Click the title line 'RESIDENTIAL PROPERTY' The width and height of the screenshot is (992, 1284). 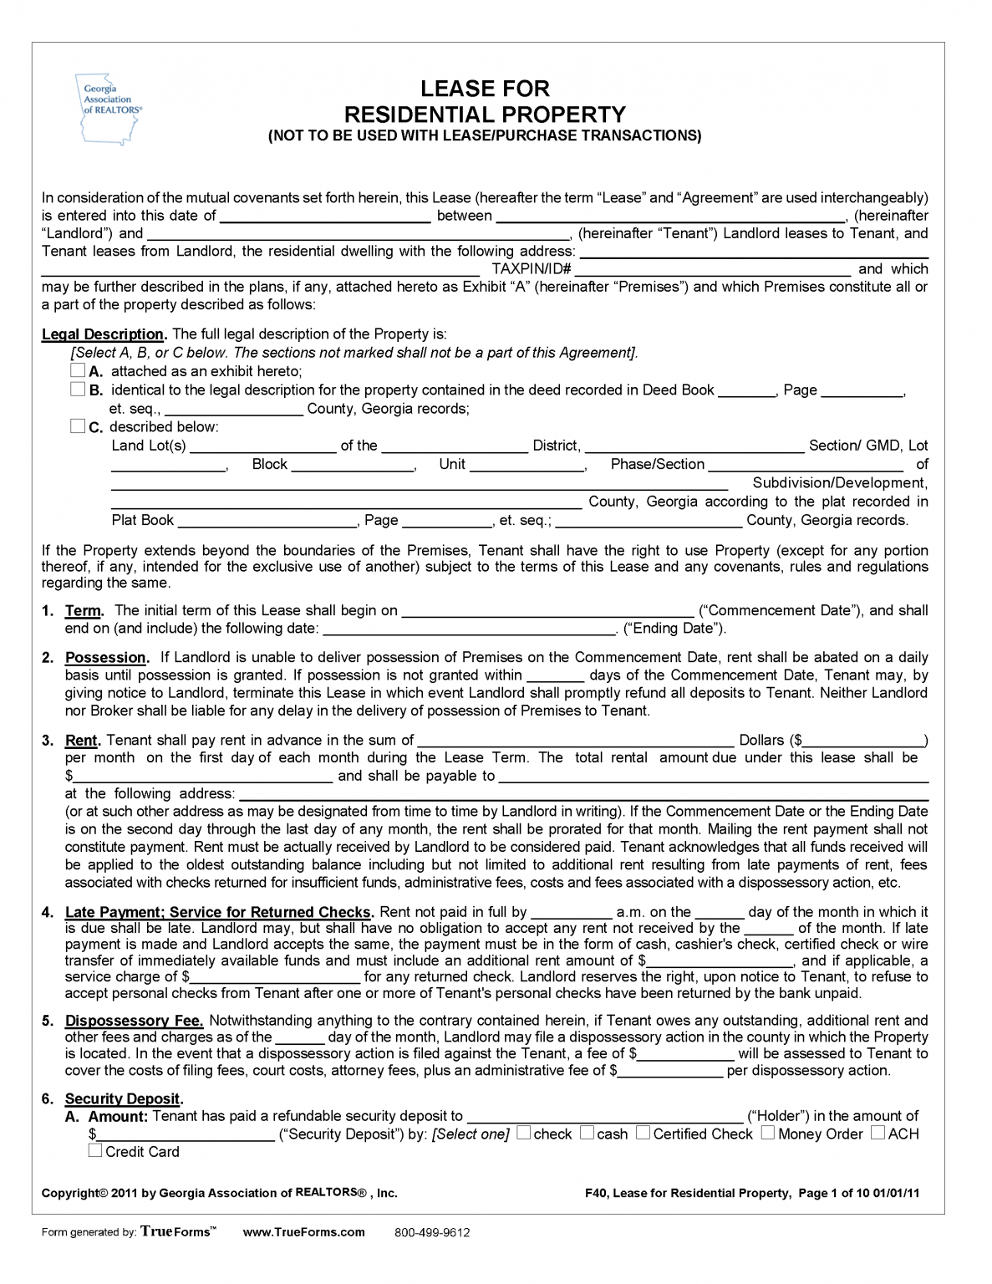[485, 114]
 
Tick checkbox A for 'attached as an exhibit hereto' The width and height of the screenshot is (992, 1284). [78, 370]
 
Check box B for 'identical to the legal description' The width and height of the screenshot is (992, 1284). [78, 389]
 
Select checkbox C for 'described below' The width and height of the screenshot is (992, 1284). [78, 426]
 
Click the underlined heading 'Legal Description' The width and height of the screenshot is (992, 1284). [103, 334]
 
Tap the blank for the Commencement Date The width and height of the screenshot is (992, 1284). [547, 610]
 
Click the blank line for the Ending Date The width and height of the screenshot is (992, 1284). [468, 629]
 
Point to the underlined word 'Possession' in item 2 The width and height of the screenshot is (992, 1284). [105, 658]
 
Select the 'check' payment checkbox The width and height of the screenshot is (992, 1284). [523, 1134]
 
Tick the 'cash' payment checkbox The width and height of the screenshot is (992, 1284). [587, 1134]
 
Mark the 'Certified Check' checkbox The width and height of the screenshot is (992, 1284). [643, 1134]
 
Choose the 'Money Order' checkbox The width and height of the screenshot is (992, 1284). [767, 1134]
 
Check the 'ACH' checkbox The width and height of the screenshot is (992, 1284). [878, 1134]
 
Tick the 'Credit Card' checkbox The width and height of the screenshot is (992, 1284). [95, 1151]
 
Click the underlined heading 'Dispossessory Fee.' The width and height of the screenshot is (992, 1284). [135, 1021]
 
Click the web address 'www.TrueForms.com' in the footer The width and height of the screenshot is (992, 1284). [303, 1232]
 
